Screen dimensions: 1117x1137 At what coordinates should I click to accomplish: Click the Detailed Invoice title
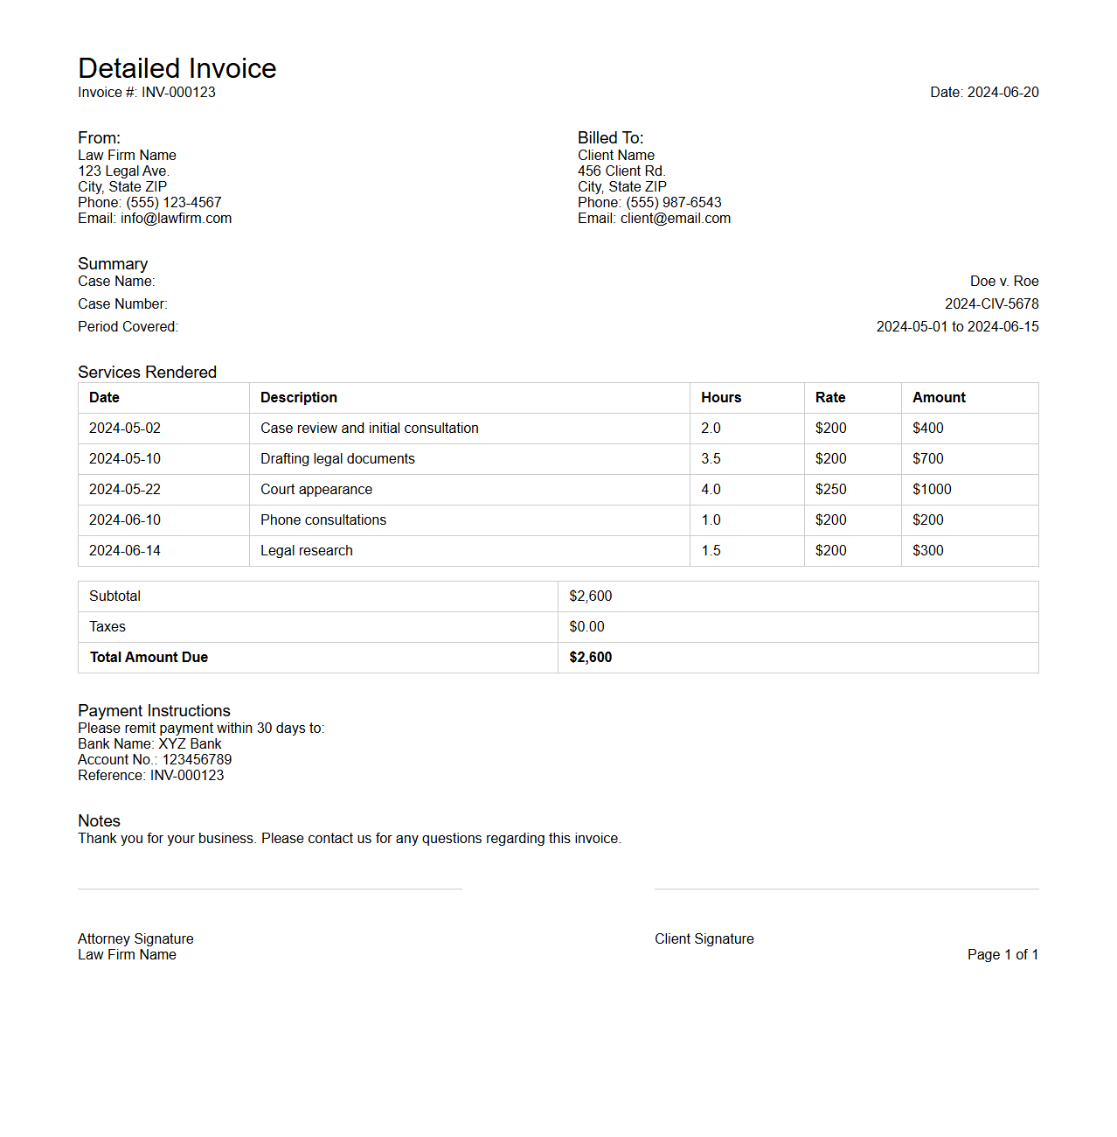point(177,68)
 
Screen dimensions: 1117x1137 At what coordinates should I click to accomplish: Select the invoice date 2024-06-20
point(1003,93)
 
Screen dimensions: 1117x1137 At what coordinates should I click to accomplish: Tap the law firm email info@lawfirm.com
point(176,219)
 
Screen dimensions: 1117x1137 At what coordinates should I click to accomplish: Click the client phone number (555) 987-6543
point(673,203)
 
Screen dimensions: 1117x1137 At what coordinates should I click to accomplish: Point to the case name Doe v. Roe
point(1003,282)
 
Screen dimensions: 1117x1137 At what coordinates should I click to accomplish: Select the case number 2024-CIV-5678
point(991,304)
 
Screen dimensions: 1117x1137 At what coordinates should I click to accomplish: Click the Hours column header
point(721,398)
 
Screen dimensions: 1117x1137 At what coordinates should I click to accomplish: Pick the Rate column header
point(830,398)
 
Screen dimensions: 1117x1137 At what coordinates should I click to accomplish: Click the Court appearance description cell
point(316,490)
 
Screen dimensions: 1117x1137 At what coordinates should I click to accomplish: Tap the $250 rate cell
point(830,490)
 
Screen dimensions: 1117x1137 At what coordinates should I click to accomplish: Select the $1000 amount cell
point(932,490)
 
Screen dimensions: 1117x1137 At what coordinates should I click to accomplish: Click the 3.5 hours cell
point(711,459)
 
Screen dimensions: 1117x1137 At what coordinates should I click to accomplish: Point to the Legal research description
point(307,551)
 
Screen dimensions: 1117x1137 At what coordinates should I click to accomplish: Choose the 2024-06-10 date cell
point(125,520)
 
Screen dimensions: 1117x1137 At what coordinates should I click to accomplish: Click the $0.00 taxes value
point(586,627)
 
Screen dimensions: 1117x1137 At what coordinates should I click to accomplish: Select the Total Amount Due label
point(149,658)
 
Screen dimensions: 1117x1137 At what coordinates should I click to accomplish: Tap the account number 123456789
point(197,760)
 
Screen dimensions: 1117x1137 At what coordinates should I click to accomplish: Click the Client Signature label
point(704,939)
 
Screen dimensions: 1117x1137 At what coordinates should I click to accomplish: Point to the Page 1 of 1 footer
point(1003,955)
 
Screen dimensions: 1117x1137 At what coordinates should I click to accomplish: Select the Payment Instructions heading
point(154,711)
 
